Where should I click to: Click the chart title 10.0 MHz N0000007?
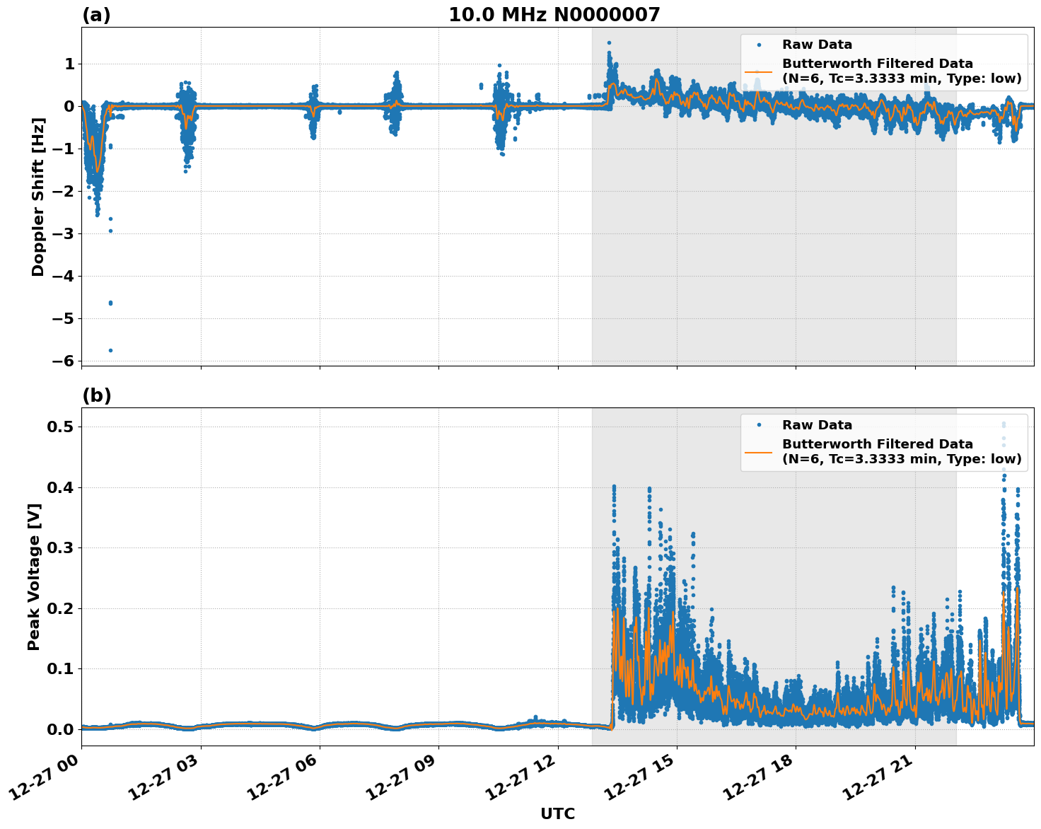[x=554, y=15]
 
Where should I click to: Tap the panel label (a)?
[x=96, y=15]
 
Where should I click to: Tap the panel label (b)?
[x=96, y=395]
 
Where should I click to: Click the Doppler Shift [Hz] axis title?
[x=38, y=197]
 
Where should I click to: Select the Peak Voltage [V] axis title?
[x=33, y=576]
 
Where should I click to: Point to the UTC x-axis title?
[x=557, y=813]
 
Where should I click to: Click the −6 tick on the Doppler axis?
[x=62, y=361]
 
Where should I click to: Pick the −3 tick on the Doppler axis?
[x=62, y=233]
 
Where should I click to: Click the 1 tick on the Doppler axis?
[x=69, y=64]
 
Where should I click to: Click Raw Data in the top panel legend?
[x=817, y=45]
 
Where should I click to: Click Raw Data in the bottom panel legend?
[x=817, y=425]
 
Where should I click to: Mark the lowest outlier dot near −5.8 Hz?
[x=110, y=350]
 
